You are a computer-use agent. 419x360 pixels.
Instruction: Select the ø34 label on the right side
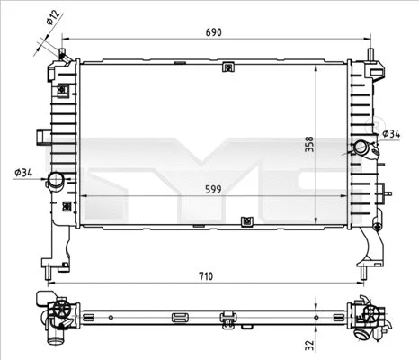(x=391, y=134)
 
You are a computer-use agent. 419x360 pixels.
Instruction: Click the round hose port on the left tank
(x=58, y=180)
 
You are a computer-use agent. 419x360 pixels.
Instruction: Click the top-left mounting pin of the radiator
(x=61, y=54)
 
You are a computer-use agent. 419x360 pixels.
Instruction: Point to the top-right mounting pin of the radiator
(x=370, y=55)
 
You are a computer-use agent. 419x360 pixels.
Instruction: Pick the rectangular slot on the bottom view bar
(x=180, y=316)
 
